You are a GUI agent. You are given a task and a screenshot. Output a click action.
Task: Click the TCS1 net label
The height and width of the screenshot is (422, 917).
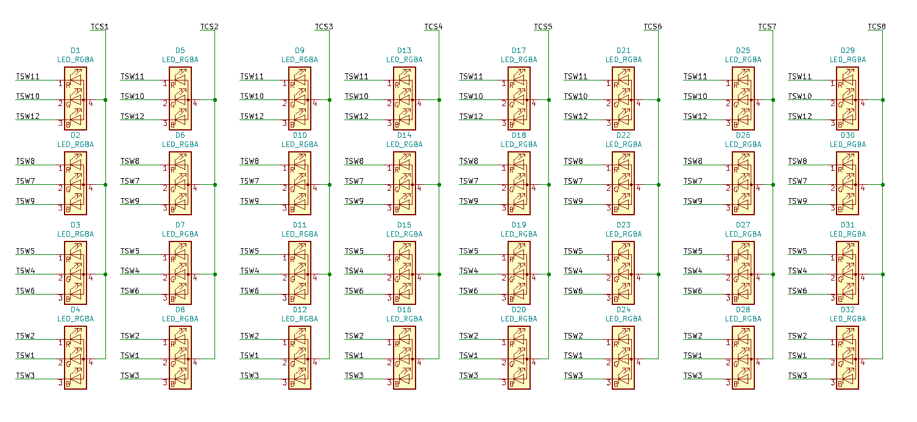pos(99,27)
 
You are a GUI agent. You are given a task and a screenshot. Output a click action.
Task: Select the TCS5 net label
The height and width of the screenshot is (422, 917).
pos(543,27)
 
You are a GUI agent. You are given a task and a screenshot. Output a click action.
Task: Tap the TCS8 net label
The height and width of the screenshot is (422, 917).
pos(877,27)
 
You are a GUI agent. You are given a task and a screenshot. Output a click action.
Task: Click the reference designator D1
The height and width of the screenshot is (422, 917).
pos(76,51)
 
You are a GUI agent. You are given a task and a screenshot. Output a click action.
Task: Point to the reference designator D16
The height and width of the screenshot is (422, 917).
pos(405,310)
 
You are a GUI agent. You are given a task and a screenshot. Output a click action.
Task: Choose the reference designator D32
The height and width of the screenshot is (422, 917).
pos(848,310)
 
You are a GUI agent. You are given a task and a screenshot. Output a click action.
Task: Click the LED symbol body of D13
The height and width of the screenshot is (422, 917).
pos(405,98)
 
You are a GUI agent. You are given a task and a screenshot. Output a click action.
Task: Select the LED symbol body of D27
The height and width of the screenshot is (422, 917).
pos(743,273)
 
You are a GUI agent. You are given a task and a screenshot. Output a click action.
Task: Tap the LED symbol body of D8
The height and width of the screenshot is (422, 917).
pos(180,357)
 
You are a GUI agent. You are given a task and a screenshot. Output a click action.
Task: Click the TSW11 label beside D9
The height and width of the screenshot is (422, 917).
pos(252,77)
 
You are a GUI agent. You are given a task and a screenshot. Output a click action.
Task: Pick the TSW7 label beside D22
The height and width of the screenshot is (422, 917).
pos(573,181)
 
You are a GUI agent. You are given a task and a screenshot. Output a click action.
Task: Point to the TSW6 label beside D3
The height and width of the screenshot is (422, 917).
pos(25,291)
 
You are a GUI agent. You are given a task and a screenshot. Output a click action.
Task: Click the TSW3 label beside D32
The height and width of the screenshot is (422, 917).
pos(798,376)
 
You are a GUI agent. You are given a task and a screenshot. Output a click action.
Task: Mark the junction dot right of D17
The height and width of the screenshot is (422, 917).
pos(549,99)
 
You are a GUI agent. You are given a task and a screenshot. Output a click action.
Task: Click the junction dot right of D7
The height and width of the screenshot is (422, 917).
pos(215,274)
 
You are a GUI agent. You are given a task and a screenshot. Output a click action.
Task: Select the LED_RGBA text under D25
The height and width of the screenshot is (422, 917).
pos(743,60)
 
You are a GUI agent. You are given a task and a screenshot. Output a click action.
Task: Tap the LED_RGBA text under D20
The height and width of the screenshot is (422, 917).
pos(519,319)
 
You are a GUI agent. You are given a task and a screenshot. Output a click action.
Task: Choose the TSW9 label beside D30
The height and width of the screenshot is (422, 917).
pos(798,201)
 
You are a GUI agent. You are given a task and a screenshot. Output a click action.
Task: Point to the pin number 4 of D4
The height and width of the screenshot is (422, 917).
pos(90,363)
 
